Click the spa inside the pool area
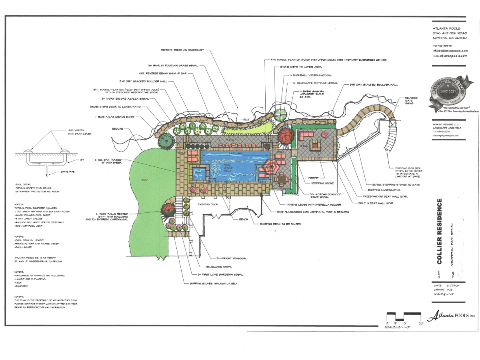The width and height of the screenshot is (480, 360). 198,173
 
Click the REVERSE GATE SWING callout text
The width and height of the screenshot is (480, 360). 411,100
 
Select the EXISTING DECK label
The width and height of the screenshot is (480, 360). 208,204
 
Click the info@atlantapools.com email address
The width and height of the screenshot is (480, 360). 450,51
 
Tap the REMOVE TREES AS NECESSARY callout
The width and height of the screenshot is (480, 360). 182,50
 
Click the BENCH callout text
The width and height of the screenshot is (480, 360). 244,219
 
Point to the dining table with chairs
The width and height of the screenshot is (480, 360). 282,180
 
